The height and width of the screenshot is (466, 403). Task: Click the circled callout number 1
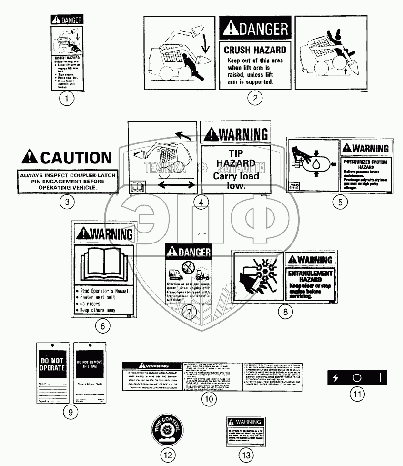pyautogui.click(x=67, y=99)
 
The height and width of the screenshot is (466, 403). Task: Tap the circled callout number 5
pyautogui.click(x=340, y=202)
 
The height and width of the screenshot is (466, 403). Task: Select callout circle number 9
pyautogui.click(x=70, y=412)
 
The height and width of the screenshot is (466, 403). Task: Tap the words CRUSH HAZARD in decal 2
pyautogui.click(x=255, y=50)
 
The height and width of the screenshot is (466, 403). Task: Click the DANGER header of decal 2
pyautogui.click(x=255, y=29)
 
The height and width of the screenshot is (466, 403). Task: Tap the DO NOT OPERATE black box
pyautogui.click(x=51, y=365)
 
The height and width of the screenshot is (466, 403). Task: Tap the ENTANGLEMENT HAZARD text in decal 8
pyautogui.click(x=310, y=276)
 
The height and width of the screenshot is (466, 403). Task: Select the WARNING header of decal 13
pyautogui.click(x=245, y=422)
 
